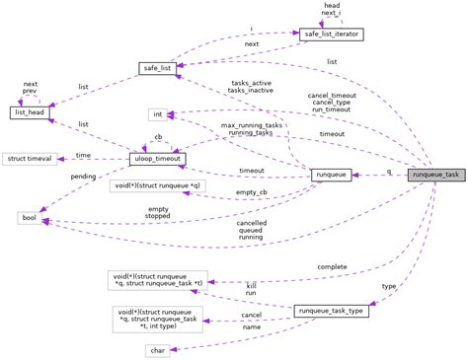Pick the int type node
(x=158, y=114)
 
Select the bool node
(x=29, y=217)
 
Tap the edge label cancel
(x=251, y=317)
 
